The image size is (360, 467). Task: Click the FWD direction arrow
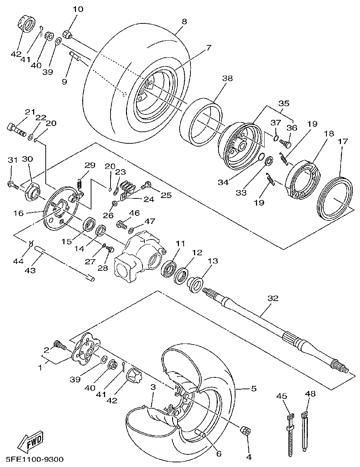tap(30, 441)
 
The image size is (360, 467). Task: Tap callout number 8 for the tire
tap(184, 22)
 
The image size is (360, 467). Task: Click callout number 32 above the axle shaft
tap(273, 298)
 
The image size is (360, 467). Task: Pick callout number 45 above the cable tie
tap(282, 396)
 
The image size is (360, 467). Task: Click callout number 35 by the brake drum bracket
tap(284, 103)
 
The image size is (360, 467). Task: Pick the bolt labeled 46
tap(121, 225)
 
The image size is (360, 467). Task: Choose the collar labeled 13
tap(195, 283)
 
